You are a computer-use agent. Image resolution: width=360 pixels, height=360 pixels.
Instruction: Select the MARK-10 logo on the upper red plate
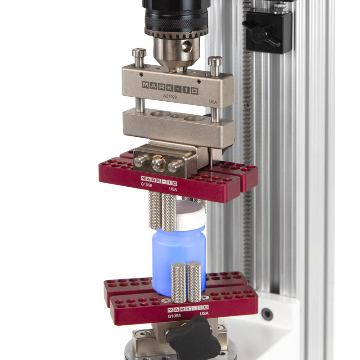pyautogui.click(x=159, y=182)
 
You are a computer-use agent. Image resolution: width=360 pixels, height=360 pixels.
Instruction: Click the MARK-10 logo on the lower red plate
pyautogui.click(x=188, y=309)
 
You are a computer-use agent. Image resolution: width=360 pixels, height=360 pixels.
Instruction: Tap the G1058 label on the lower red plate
pyautogui.click(x=175, y=316)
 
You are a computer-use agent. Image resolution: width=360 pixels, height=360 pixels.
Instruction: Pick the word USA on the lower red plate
pyautogui.click(x=204, y=313)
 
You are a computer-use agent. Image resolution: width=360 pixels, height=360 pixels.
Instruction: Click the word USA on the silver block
pyautogui.click(x=213, y=102)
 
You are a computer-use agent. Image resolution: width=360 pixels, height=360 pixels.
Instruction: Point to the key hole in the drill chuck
pyautogui.click(x=185, y=46)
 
